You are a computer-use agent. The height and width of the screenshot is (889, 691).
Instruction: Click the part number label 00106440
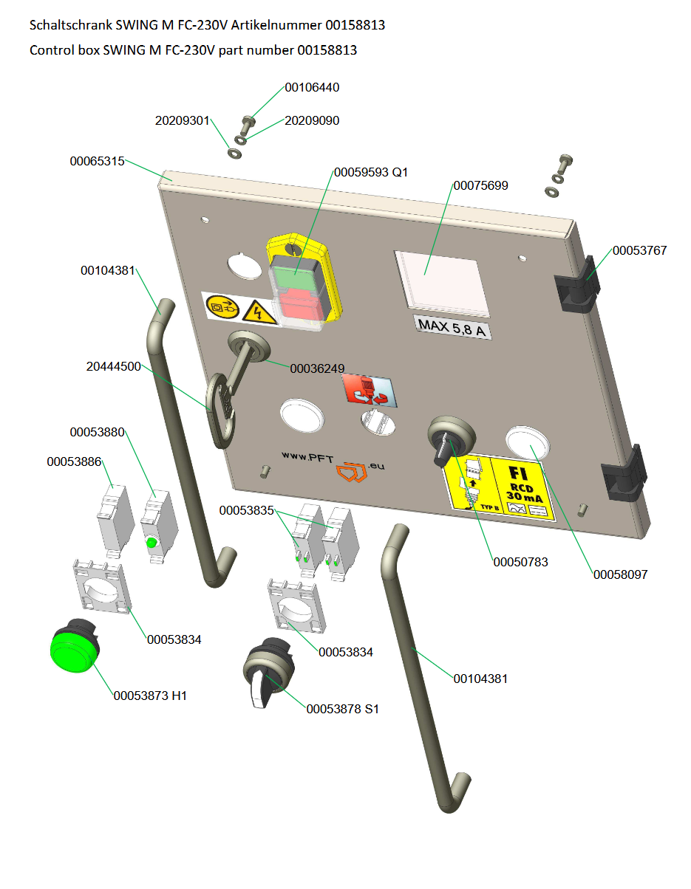pos(312,87)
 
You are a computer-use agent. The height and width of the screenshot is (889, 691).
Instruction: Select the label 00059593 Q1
pos(370,172)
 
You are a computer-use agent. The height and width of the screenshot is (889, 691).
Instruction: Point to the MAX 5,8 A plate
pos(452,326)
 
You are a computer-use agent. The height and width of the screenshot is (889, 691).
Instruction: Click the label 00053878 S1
pos(342,709)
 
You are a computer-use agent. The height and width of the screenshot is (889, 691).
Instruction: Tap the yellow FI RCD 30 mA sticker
pos(499,487)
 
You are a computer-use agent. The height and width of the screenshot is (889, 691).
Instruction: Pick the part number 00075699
pos(480,185)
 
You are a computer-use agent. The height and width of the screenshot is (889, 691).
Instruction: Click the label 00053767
pos(639,250)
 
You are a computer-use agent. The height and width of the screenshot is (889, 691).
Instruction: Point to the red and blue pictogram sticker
pos(369,391)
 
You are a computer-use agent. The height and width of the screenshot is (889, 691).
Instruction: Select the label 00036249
pos(317,368)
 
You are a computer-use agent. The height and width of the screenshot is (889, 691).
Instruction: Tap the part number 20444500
pos(113,365)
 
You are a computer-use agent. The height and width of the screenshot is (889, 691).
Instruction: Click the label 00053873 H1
pos(150,695)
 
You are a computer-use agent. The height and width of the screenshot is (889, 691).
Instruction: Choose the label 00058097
pos(620,574)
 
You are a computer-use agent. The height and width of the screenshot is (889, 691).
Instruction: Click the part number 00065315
pos(97,160)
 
